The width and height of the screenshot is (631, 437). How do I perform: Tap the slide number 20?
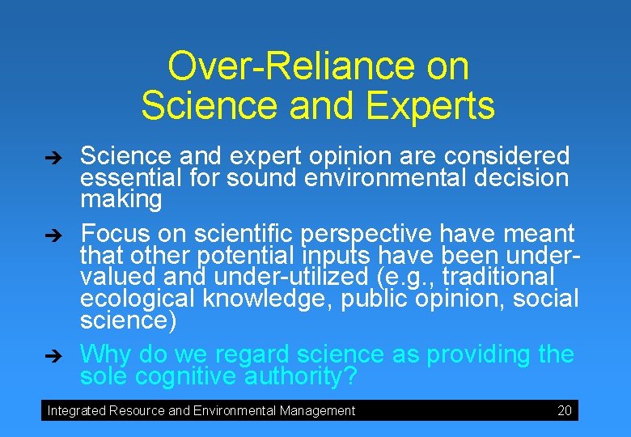click(x=565, y=410)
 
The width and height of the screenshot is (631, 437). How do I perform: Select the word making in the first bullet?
click(x=121, y=199)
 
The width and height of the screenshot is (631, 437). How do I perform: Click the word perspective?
click(x=366, y=235)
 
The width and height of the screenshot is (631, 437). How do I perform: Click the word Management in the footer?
click(x=317, y=411)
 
